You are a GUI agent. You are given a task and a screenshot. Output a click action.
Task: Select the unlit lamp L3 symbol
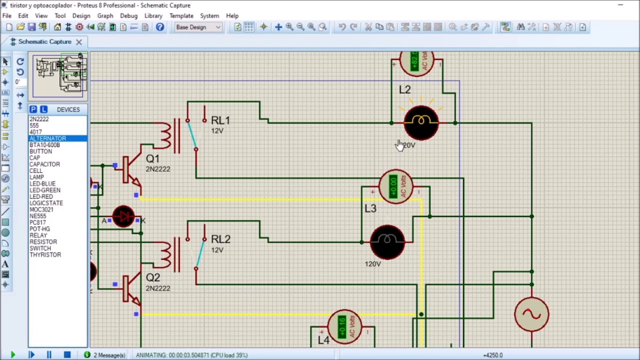(387, 242)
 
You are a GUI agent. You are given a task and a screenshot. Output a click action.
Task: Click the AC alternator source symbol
(531, 314)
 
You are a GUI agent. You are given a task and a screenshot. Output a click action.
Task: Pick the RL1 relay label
(220, 120)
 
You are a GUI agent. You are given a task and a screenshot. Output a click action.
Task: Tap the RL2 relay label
(220, 239)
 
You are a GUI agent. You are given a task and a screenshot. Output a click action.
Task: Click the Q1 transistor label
(152, 159)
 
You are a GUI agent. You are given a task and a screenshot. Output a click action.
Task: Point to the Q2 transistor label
(153, 278)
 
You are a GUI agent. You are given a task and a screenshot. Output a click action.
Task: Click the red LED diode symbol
(123, 217)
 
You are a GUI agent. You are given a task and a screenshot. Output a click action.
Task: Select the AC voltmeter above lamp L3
(396, 186)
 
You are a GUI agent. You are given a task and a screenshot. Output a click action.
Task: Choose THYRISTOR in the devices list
(45, 255)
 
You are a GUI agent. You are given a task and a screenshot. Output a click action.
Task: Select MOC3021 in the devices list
(41, 209)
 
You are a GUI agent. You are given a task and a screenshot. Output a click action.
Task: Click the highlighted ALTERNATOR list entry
(47, 138)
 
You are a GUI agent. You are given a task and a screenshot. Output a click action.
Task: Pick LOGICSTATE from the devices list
(46, 203)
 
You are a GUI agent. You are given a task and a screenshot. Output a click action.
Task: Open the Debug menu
(128, 15)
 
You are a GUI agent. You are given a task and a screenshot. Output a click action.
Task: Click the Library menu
(153, 15)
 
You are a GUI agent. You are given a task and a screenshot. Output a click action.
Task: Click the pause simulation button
(49, 355)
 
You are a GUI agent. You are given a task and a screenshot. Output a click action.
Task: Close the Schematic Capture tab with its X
(79, 41)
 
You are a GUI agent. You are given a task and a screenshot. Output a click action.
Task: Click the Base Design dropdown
(198, 27)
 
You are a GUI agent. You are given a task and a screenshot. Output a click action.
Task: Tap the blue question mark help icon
(160, 27)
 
